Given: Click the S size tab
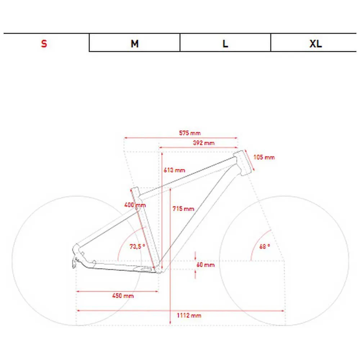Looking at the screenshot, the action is [x=44, y=43].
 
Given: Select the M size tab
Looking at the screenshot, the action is [x=135, y=43].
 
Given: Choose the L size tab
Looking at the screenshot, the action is [x=225, y=43].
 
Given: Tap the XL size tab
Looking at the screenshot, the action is [x=315, y=43].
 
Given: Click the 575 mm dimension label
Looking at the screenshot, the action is [x=190, y=133].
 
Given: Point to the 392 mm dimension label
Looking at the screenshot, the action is [x=204, y=143].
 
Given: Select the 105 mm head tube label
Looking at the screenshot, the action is [x=264, y=157].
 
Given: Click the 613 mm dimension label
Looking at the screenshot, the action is [x=174, y=170].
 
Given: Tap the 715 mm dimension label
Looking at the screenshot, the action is [x=183, y=209].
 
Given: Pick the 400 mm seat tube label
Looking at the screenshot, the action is [x=135, y=205].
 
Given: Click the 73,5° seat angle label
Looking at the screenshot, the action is [x=137, y=246].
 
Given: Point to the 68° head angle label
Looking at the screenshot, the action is [x=265, y=246].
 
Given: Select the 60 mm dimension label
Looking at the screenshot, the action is [x=206, y=265].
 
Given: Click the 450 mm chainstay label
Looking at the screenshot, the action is [x=123, y=296].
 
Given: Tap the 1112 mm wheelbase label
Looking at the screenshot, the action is [x=189, y=315].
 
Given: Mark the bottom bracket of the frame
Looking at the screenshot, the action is [x=158, y=270].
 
